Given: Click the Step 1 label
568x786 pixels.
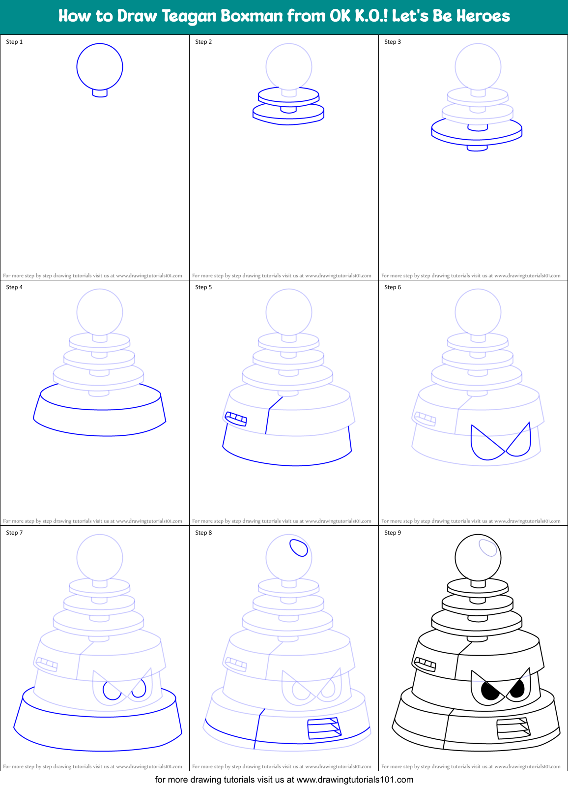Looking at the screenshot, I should tap(14, 42).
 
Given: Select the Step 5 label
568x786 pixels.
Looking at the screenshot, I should tap(203, 287).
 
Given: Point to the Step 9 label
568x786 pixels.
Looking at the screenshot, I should tap(393, 533).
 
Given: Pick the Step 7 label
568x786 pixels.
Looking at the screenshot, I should tap(14, 533).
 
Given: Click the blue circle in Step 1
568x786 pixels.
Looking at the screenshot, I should tap(100, 67).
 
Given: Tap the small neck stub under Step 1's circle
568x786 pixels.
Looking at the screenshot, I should tap(100, 93).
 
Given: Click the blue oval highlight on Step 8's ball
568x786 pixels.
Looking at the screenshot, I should tap(299, 547).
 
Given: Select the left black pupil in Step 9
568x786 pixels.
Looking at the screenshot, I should tap(490, 691).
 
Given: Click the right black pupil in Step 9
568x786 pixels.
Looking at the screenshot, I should tap(517, 689).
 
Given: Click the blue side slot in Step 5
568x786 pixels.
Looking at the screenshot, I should tap(236, 419).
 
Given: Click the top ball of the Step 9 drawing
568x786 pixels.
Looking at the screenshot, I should tap(478, 557).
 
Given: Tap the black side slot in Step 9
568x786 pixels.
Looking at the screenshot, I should tap(425, 664).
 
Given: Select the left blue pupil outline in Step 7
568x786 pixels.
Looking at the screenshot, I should tap(112, 690).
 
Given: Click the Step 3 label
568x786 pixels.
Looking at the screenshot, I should tap(393, 42).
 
